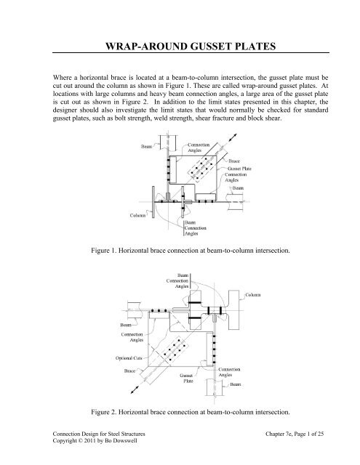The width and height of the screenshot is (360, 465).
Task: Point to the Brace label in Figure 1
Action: pos(239,161)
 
